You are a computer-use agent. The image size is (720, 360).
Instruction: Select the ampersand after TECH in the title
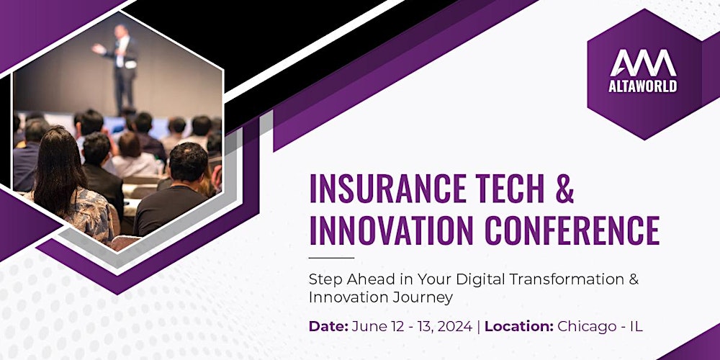click(564, 189)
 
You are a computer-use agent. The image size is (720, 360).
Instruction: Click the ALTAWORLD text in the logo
click(643, 86)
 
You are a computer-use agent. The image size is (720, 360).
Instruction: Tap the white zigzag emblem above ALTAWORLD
click(643, 63)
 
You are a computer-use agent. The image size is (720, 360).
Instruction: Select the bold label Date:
click(328, 326)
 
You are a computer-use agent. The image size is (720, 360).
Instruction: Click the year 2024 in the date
click(454, 326)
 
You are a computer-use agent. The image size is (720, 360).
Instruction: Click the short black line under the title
click(331, 258)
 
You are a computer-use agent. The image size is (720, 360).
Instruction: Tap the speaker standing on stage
click(120, 69)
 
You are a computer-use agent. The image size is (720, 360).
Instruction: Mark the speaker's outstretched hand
click(96, 48)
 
